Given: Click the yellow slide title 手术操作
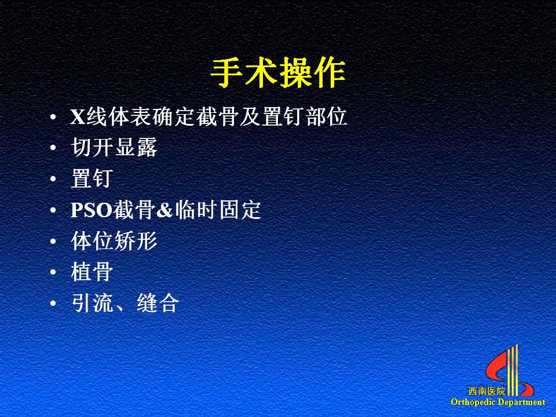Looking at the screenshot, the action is coord(278,74).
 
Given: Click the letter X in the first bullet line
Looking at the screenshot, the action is coord(78,116).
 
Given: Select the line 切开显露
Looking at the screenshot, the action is coord(114,147).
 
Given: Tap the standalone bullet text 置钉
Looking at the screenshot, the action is coord(92,178).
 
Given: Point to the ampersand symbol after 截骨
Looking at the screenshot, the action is coord(164,210).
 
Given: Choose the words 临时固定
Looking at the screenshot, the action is coord(217,210).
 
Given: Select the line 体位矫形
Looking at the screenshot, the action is coord(114,241).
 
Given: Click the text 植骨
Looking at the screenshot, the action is coord(92,272).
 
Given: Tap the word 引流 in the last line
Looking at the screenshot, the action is coord(93,303).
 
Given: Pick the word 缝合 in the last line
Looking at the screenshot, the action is coord(158,303).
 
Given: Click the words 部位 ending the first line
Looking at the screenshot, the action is coord(326,116).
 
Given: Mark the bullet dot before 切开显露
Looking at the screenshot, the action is coord(53,148).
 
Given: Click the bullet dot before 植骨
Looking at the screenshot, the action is coord(53,272).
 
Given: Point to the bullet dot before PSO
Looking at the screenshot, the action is coord(53,210).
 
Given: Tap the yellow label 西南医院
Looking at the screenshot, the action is coord(487,392).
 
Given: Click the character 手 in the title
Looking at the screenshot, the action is coord(226,74).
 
